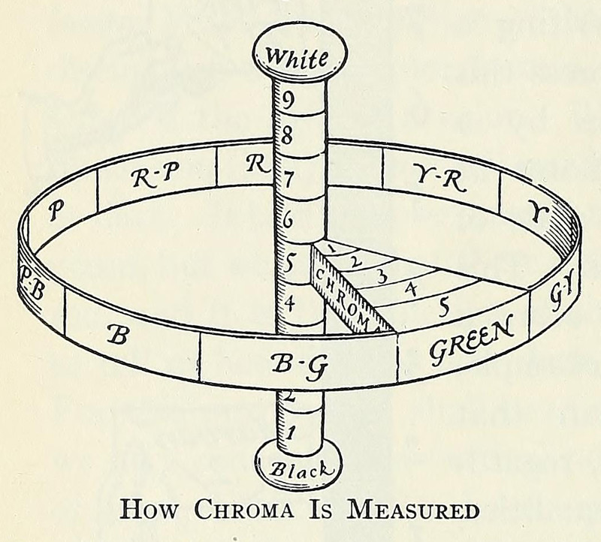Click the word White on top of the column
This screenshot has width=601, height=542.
coord(298,56)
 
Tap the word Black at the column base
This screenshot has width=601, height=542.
coord(298,470)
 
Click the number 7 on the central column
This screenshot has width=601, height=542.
coord(287,180)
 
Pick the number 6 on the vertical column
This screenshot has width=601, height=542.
coord(287,222)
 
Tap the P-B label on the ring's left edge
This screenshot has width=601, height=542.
coord(30,286)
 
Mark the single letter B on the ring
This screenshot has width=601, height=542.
coord(116,334)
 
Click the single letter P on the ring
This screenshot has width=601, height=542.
coord(55,212)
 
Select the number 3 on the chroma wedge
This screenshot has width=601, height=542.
coord(382,276)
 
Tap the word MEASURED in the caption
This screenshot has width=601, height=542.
coord(413,510)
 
